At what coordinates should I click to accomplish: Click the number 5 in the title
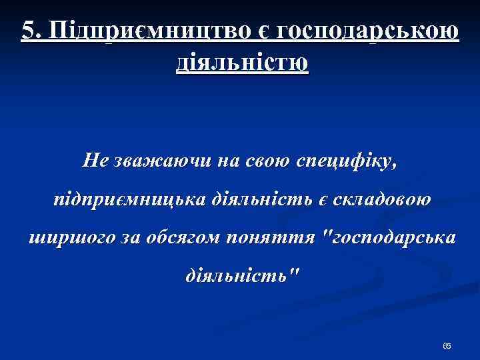[x=27, y=30]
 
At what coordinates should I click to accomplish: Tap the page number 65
[x=447, y=346]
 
